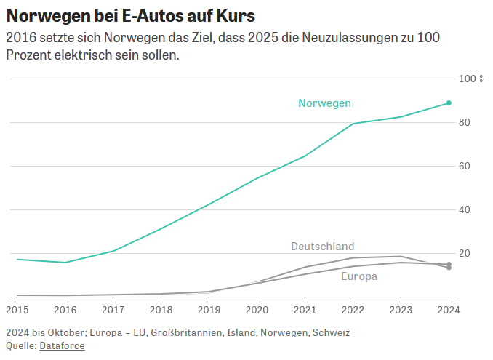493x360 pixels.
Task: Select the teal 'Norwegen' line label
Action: [x=324, y=103]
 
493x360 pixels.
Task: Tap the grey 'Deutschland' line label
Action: [x=322, y=247]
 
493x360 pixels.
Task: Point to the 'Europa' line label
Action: [x=359, y=276]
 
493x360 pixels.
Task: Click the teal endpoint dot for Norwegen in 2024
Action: [x=449, y=103]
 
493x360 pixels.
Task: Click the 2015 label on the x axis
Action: [x=17, y=309]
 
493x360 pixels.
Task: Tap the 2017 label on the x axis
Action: [x=113, y=309]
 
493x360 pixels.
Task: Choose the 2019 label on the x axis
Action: [x=209, y=309]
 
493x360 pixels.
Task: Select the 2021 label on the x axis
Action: [x=305, y=309]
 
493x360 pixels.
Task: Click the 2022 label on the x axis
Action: [x=353, y=309]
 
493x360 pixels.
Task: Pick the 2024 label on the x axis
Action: [x=449, y=309]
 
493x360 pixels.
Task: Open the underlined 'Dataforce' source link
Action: [x=62, y=345]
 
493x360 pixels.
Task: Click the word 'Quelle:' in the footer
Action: [x=21, y=345]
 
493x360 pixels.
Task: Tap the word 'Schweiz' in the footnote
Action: [x=331, y=332]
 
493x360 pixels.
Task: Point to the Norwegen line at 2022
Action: [x=353, y=124]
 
